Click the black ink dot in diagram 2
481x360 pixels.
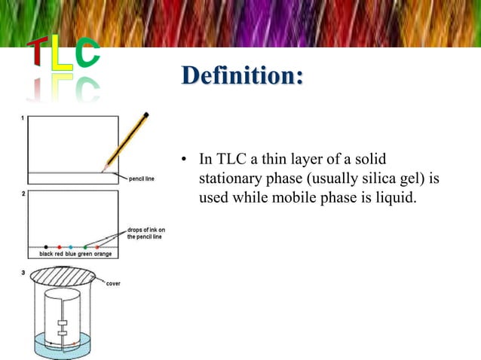click(x=46, y=246)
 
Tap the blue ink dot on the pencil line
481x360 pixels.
click(x=71, y=246)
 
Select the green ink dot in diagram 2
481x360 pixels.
click(x=85, y=246)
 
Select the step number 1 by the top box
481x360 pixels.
click(x=23, y=118)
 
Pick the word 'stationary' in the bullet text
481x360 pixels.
click(x=227, y=181)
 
